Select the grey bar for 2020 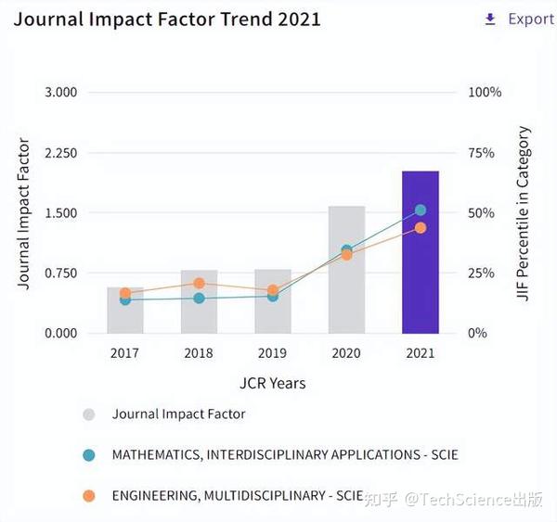click(x=346, y=278)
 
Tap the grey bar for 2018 click(x=199, y=311)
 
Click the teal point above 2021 click(x=420, y=210)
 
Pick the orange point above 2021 click(x=420, y=228)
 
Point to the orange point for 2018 click(x=199, y=284)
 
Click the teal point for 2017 click(x=125, y=299)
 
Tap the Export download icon click(x=490, y=19)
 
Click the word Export click(x=531, y=19)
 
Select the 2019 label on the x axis click(x=273, y=353)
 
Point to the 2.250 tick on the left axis click(x=60, y=153)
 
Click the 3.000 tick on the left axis click(x=60, y=93)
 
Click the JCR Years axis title click(x=272, y=383)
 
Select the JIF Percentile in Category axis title click(x=525, y=213)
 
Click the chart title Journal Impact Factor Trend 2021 click(x=167, y=19)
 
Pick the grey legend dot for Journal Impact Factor click(x=89, y=414)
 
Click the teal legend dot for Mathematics click(x=89, y=455)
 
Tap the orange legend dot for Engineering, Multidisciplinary click(x=89, y=496)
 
